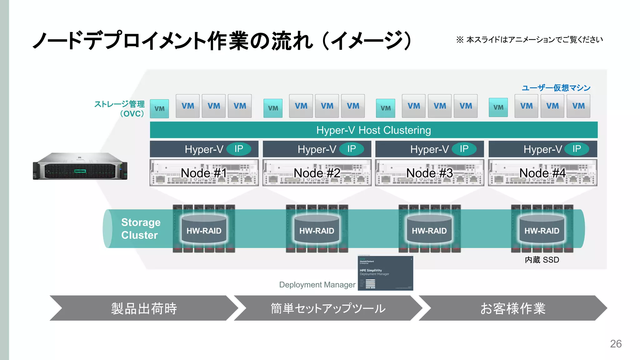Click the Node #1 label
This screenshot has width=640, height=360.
(x=204, y=173)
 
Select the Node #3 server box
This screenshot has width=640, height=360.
(x=429, y=173)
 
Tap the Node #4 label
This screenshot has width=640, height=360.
(x=542, y=173)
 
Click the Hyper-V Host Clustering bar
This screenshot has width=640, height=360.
(x=373, y=130)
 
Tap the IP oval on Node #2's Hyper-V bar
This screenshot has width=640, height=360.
(x=352, y=149)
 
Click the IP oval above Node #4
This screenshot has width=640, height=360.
(x=577, y=149)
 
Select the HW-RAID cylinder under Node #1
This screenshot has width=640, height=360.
(x=204, y=229)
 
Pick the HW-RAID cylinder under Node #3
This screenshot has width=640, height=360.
(x=429, y=229)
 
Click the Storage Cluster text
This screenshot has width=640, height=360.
(x=141, y=228)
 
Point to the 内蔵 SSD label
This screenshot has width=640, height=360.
(x=542, y=260)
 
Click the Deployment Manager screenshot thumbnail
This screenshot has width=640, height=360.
(x=385, y=273)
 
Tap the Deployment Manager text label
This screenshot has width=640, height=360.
(x=317, y=285)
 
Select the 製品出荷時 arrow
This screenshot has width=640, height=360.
(x=144, y=308)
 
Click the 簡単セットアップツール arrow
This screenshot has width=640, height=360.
(x=328, y=308)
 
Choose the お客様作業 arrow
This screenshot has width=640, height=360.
(x=512, y=308)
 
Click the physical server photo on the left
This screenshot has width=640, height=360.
(x=80, y=166)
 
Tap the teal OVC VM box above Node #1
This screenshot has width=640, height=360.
(x=159, y=108)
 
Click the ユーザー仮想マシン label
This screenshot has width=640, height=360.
(x=556, y=88)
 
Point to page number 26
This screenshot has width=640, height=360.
(x=616, y=344)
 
